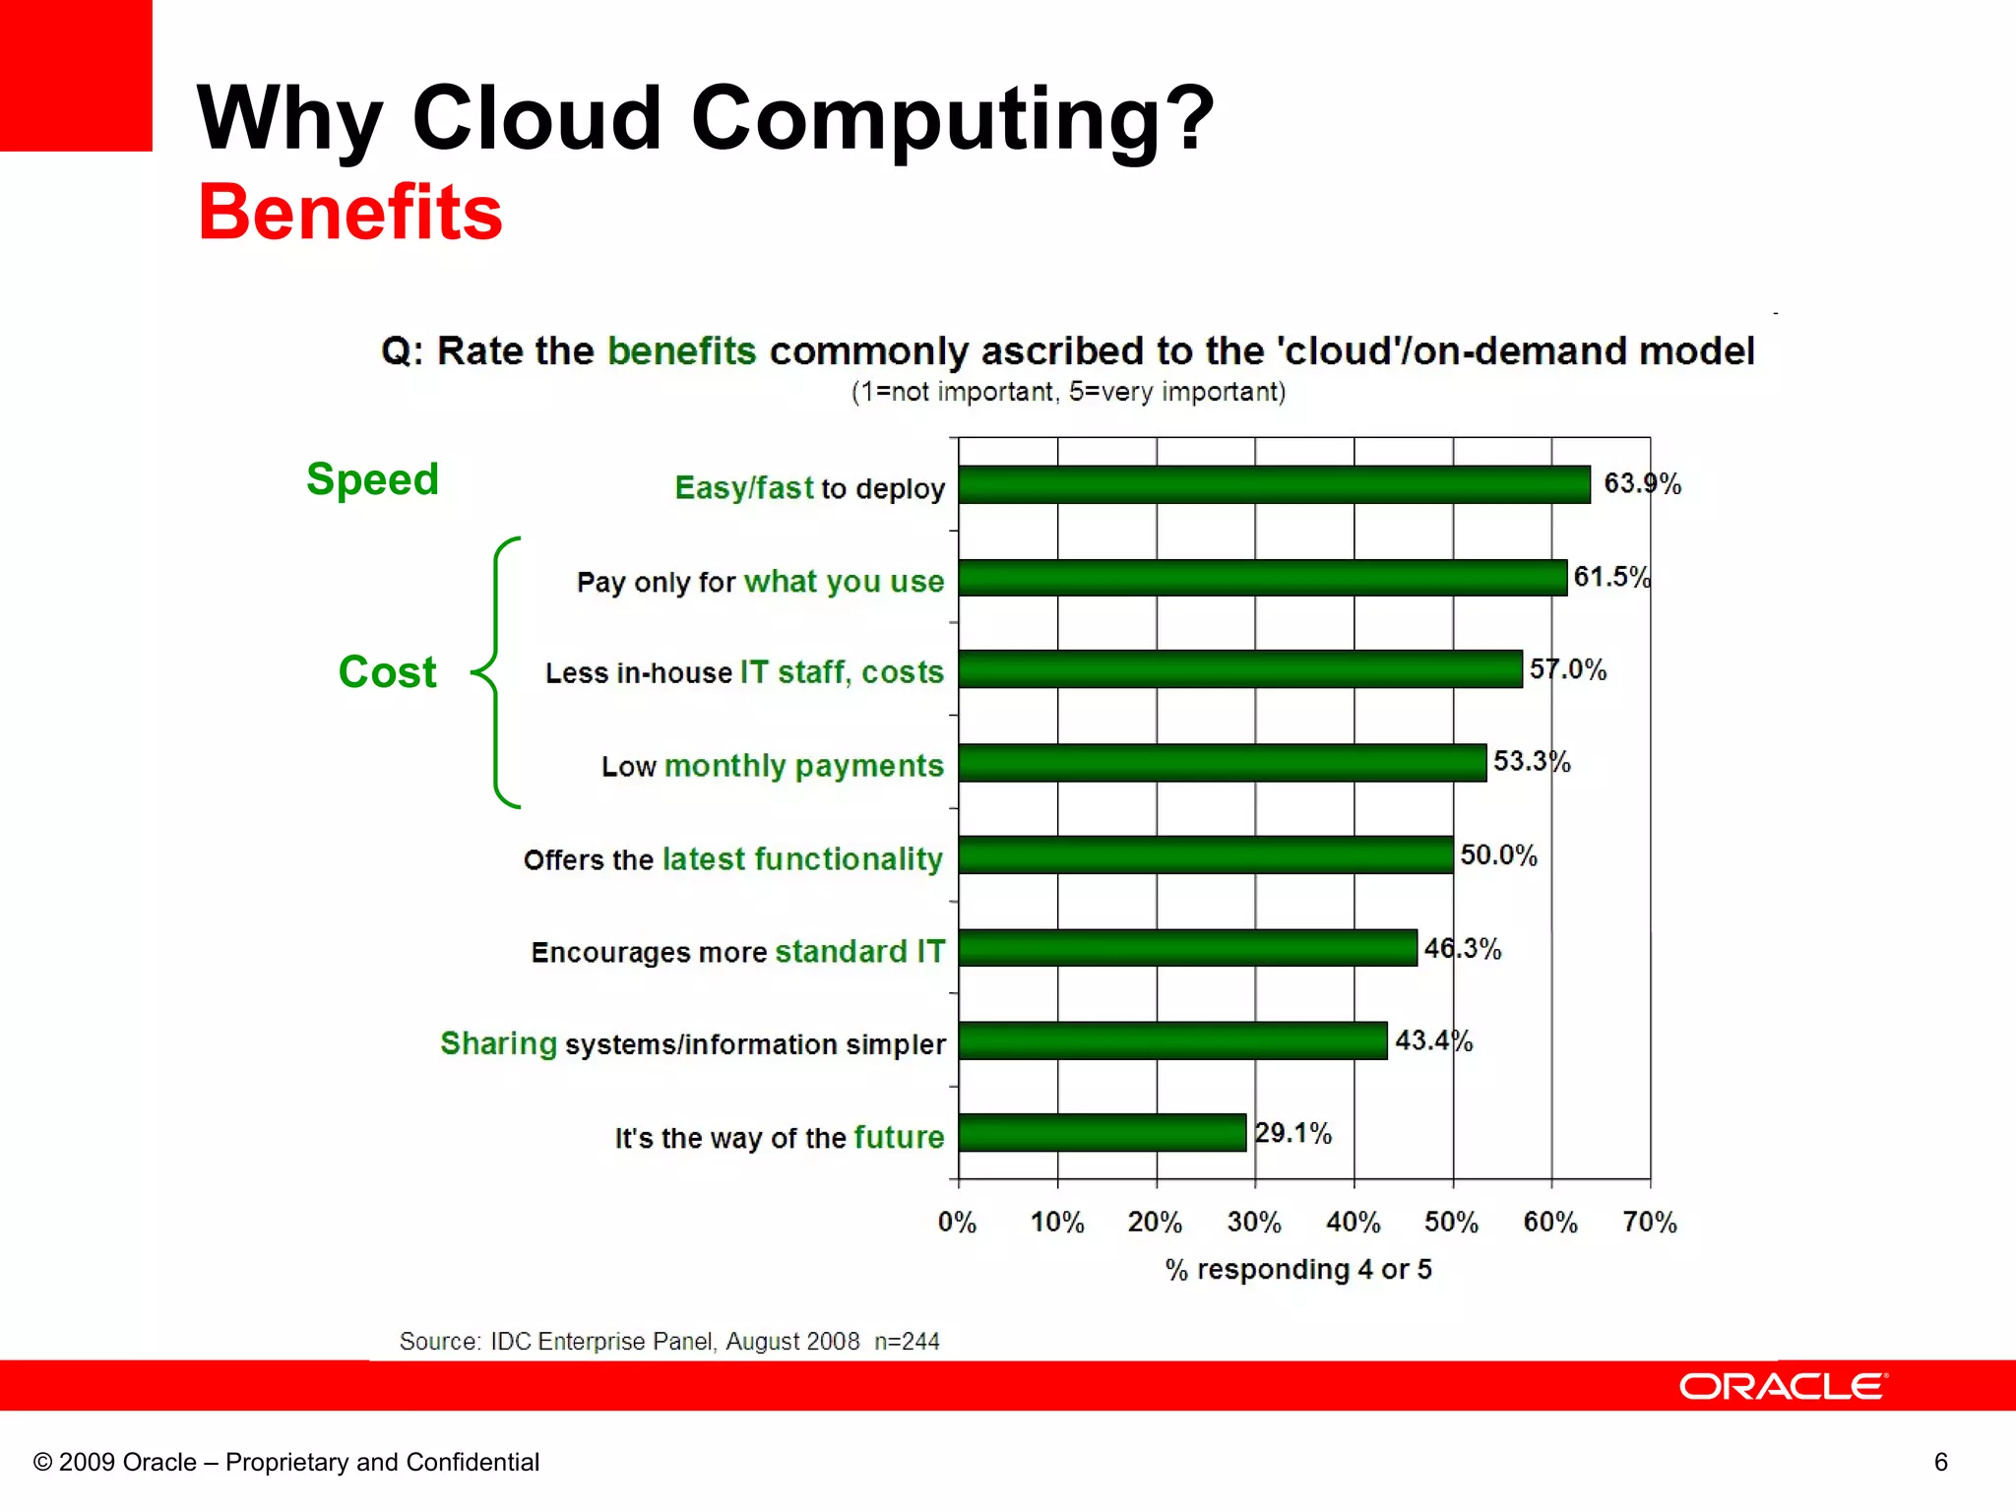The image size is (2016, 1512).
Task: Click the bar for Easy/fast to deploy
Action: tap(1274, 484)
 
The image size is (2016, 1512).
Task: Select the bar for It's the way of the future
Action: tap(1102, 1132)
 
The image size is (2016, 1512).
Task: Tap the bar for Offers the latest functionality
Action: tap(1205, 854)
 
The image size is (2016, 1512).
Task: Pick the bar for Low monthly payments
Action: tap(1222, 763)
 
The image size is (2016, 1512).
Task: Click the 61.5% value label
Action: tap(1610, 577)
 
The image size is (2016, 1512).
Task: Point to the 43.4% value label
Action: tap(1432, 1040)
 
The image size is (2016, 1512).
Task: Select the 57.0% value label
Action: tap(1567, 670)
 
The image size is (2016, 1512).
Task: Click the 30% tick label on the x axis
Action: tap(1253, 1223)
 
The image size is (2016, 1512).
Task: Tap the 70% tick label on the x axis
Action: tap(1649, 1223)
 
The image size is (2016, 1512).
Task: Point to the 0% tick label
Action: tap(956, 1223)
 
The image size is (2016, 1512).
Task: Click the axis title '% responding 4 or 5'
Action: tap(1297, 1270)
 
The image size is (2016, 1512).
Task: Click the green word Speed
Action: tap(372, 479)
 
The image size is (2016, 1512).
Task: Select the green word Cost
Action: tap(387, 672)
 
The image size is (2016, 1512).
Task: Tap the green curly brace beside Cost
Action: tap(496, 672)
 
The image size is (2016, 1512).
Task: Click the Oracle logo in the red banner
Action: tap(1783, 1386)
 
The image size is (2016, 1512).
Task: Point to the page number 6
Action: tap(1940, 1462)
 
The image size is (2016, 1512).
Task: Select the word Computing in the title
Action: tap(953, 119)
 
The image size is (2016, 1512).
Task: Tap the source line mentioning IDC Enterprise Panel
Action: tap(669, 1341)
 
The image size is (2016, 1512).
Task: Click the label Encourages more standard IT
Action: tap(737, 952)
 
